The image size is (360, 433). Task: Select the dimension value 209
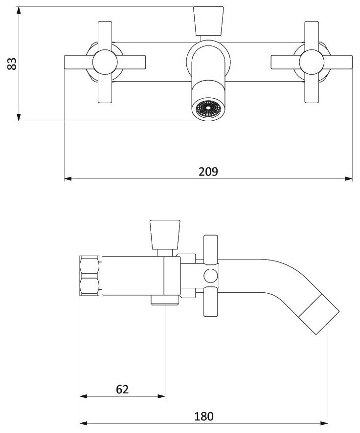pyautogui.click(x=208, y=172)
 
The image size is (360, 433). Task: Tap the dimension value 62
pyautogui.click(x=122, y=389)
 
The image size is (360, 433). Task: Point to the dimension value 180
pyautogui.click(x=204, y=416)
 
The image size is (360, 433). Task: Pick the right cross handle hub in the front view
pyautogui.click(x=312, y=62)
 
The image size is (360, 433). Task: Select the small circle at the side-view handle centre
pyautogui.click(x=211, y=276)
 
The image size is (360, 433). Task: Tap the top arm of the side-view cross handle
pyautogui.click(x=211, y=247)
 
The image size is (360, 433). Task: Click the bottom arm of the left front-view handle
pyautogui.click(x=106, y=90)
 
